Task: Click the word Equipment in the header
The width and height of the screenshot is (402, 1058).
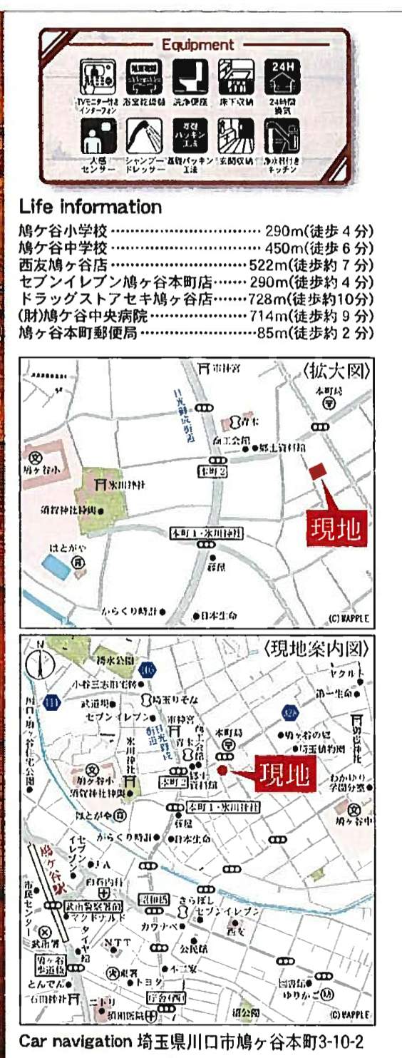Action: click(197, 44)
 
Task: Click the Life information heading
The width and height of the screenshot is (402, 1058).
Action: click(91, 207)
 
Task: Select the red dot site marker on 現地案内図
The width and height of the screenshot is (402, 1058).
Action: click(222, 770)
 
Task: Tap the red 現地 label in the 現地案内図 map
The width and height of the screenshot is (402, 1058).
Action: click(284, 773)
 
